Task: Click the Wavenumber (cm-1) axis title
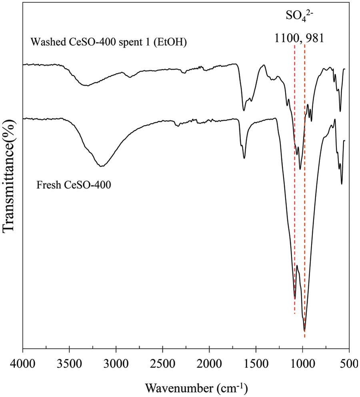click(x=196, y=387)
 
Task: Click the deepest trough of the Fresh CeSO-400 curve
click(x=305, y=331)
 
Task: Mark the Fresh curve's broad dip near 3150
click(x=102, y=166)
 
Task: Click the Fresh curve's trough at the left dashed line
click(x=295, y=298)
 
